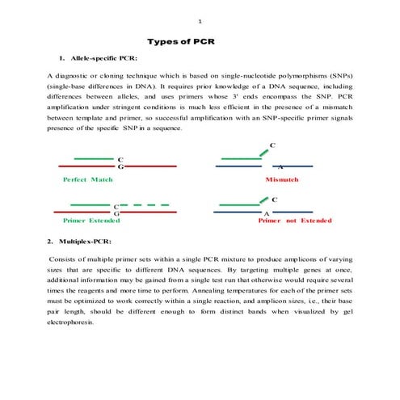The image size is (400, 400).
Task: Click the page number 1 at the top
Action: [200, 21]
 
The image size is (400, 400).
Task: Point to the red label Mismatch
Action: [282, 179]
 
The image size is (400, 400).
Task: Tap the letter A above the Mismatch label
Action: [280, 166]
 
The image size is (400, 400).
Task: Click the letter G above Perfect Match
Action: [120, 166]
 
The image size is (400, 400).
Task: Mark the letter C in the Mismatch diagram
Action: [272, 145]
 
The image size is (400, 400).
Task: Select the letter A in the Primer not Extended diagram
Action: [267, 214]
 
